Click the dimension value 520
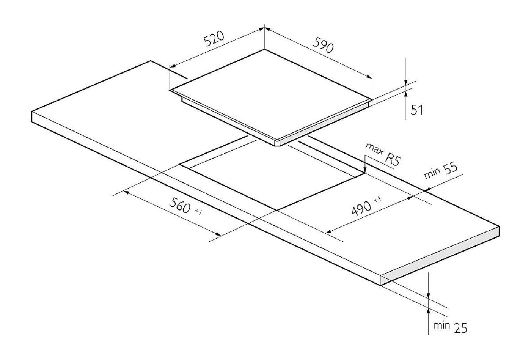214,39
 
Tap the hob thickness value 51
417,110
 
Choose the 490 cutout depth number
361,208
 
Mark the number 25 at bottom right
460,328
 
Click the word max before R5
374,149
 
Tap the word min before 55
432,174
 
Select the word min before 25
441,325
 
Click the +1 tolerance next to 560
198,212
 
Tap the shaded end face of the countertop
440,256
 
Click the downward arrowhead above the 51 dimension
406,82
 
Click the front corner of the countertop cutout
276,210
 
